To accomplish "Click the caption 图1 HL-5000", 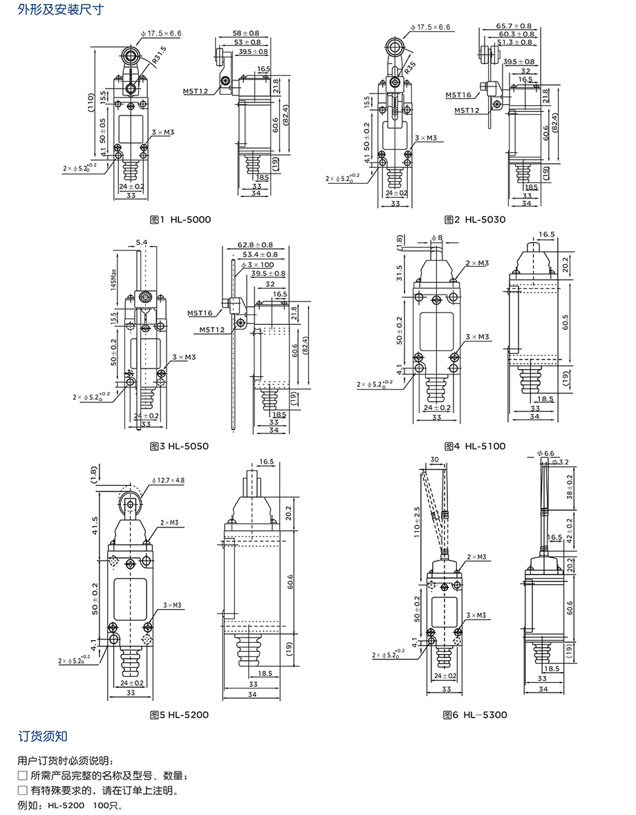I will [180, 220].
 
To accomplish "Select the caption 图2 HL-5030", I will [474, 220].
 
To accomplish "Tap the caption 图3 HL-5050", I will [178, 447].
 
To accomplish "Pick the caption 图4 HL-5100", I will [474, 447].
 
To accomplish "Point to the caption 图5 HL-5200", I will [178, 715].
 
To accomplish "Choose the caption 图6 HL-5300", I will [474, 715].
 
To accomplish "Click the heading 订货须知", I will [43, 736].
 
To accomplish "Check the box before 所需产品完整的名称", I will [22, 776].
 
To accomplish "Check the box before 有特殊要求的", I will [22, 791].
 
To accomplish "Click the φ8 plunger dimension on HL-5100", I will [436, 238].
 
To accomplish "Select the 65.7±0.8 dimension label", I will [515, 25].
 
